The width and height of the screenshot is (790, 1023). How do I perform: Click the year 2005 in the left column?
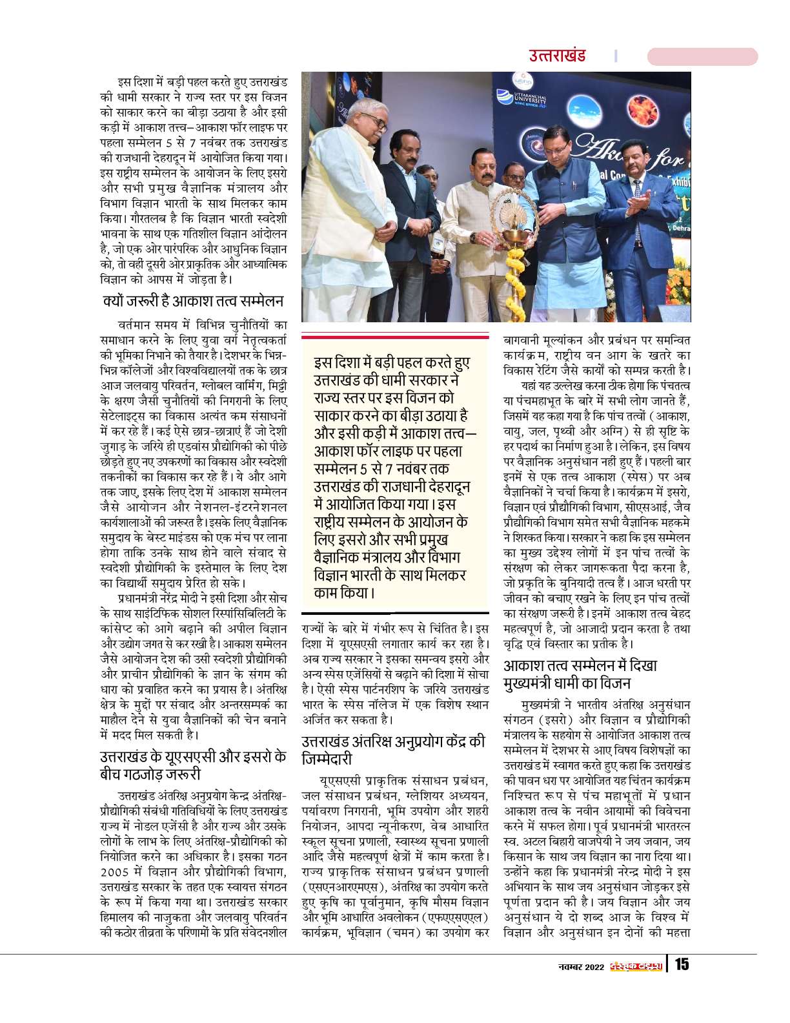[x=116, y=873]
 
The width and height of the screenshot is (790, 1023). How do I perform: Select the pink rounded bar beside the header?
[x=702, y=56]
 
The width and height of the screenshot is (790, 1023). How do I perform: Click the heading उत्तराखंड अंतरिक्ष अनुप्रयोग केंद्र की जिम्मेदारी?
[x=393, y=750]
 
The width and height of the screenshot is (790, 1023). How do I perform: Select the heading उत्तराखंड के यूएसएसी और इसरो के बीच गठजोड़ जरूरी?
[x=193, y=765]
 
